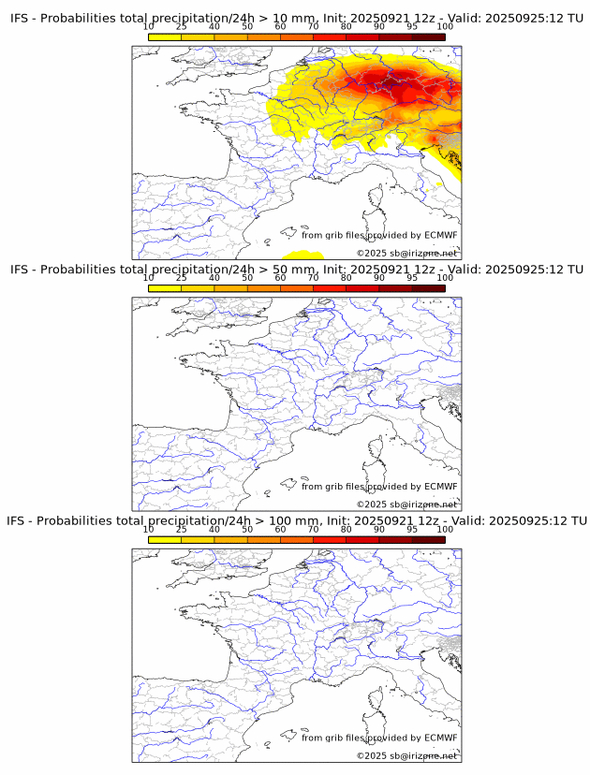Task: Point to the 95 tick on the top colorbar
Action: [x=412, y=26]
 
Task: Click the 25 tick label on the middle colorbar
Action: [x=182, y=278]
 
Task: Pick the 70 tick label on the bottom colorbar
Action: [x=314, y=529]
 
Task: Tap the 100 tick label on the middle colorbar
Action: [x=445, y=278]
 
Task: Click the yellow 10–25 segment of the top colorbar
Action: [x=165, y=37]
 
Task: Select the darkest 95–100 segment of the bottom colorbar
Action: [x=429, y=540]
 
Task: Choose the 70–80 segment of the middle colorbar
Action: [x=330, y=288]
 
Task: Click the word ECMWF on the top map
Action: [x=440, y=235]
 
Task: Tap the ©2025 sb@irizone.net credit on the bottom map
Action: [x=406, y=755]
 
